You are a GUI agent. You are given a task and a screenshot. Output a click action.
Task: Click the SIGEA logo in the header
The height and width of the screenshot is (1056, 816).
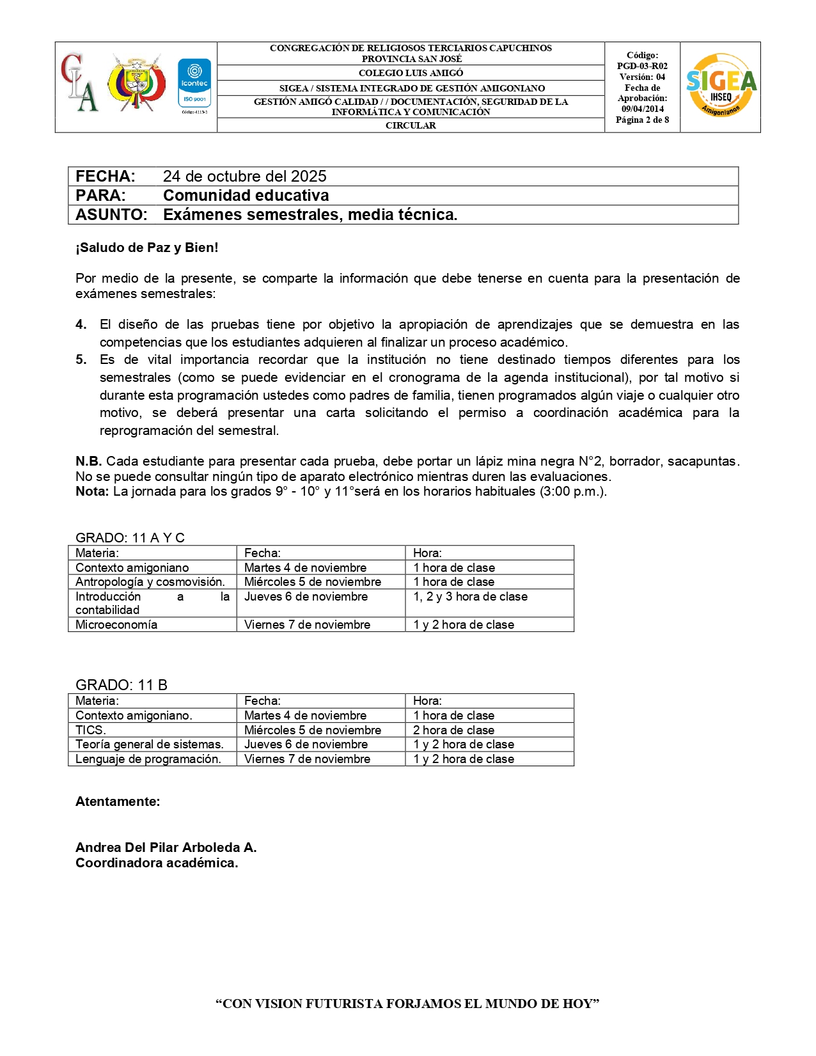point(721,86)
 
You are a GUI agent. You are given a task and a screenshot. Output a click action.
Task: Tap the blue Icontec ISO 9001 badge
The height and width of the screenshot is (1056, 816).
point(194,84)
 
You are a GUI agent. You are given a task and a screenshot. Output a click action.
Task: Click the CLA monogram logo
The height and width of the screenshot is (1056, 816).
point(80,83)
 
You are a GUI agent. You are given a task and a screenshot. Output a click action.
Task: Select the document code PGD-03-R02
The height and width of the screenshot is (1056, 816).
point(642,66)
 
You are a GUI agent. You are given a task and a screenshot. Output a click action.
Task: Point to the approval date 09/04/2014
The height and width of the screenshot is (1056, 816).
point(642,109)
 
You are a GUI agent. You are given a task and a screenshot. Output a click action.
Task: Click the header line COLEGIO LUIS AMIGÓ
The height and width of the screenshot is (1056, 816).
point(411,73)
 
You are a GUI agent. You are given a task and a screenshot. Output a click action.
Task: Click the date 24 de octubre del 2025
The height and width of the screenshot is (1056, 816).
point(244,177)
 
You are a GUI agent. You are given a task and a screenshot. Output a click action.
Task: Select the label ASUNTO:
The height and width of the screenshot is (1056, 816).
point(111,215)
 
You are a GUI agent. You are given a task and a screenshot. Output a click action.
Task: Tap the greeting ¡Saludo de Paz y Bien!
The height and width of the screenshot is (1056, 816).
point(147,248)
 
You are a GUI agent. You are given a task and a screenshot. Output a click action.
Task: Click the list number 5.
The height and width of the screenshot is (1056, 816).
point(81,359)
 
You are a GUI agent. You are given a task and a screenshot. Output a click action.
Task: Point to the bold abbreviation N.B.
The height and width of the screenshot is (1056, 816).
point(88,461)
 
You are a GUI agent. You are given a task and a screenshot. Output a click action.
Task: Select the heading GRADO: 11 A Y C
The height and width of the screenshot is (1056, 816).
point(130,537)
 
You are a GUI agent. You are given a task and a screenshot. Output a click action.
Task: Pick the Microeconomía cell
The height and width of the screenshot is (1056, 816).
point(116,624)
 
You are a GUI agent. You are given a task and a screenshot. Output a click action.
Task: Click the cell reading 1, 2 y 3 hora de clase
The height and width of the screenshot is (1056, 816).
point(470,596)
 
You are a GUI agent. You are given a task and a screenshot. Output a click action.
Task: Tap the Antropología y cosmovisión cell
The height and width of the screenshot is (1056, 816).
point(150,581)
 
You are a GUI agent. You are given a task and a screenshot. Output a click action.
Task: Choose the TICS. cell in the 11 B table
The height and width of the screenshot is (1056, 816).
point(91,730)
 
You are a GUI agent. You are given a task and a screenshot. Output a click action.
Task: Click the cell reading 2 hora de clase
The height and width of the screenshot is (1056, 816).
point(453,730)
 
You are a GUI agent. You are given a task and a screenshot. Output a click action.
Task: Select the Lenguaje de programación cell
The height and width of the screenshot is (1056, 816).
point(148,759)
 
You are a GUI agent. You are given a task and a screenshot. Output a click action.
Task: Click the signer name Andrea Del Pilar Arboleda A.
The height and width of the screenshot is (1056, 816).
point(166,847)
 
